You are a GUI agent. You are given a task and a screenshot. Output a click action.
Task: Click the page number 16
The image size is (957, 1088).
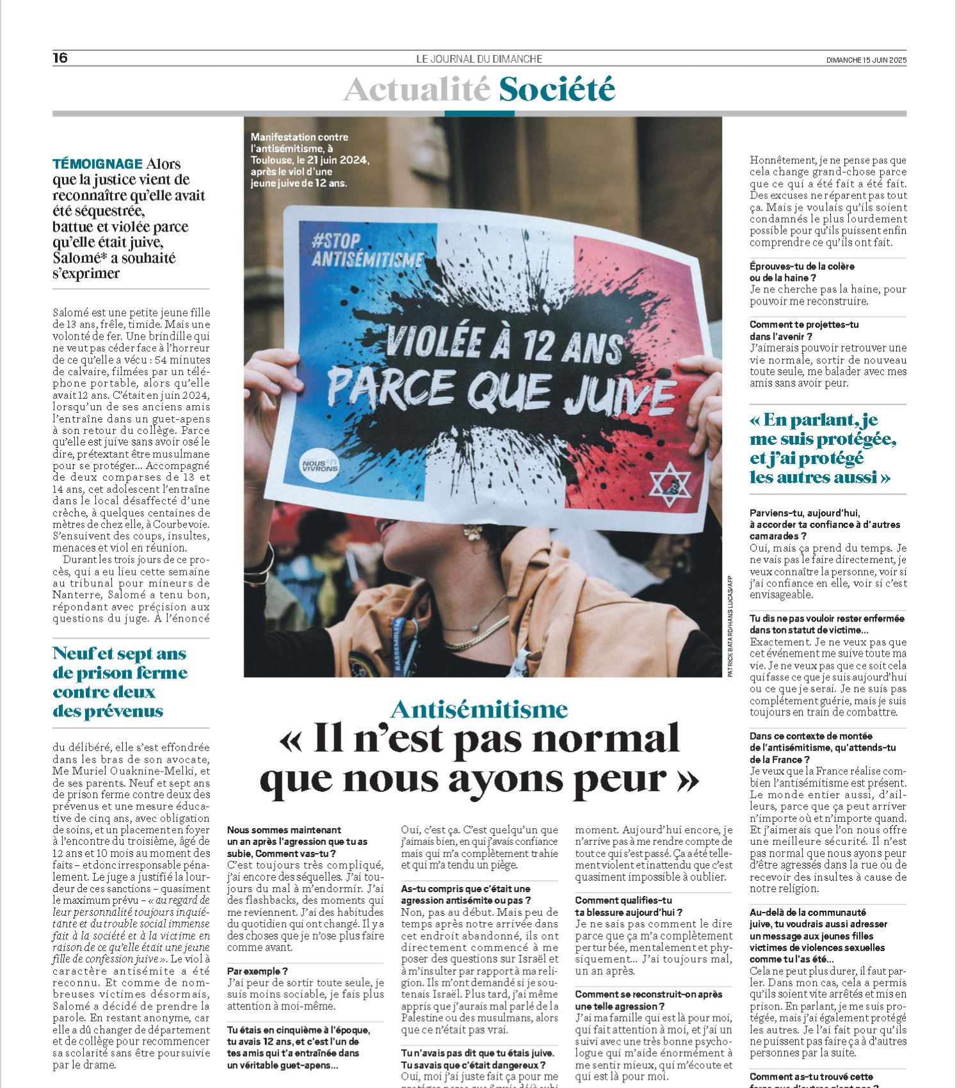pos(60,58)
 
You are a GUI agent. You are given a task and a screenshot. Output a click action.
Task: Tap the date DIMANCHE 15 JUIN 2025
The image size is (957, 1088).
pos(866,60)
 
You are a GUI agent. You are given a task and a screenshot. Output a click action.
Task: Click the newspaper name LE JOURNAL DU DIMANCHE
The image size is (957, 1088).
pos(479,59)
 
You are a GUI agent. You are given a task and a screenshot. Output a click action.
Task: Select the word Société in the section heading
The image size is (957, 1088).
pos(557,89)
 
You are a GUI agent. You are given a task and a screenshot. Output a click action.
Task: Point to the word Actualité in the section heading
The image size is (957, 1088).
pos(417,89)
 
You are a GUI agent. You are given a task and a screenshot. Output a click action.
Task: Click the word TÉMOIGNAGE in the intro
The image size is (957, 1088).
pos(97,164)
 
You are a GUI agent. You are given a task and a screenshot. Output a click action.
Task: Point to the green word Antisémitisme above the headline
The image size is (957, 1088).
pos(479,709)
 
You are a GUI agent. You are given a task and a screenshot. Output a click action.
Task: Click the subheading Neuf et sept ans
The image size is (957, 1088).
pos(119,653)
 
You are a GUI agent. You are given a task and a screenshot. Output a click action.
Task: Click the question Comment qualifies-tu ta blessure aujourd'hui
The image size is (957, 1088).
pos(629,906)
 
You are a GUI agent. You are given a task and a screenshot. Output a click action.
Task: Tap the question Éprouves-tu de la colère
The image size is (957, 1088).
pos(802,271)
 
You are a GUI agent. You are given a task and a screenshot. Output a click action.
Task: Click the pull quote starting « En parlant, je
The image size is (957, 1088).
pos(823,448)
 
